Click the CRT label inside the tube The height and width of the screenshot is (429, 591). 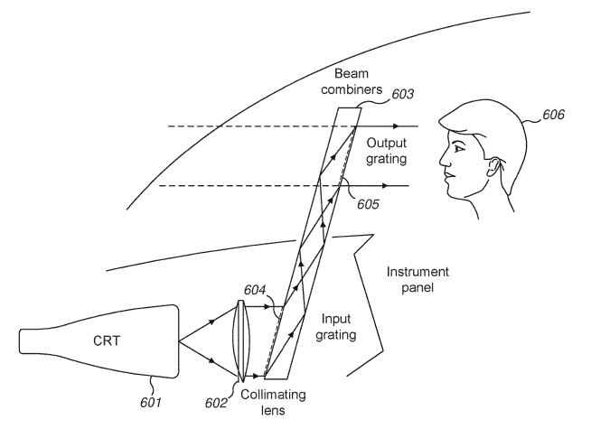[107, 340]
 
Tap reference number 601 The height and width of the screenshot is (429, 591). [151, 403]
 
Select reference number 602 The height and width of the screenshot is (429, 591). [216, 403]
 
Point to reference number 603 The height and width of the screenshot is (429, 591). [403, 94]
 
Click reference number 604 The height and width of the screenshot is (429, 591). [255, 290]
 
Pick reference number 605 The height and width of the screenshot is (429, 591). [368, 204]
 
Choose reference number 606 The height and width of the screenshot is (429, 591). [553, 115]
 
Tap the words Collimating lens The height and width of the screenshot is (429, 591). [273, 402]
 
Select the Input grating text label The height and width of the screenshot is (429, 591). [336, 327]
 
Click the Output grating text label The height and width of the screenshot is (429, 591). [387, 151]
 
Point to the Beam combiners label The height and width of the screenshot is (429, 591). [352, 81]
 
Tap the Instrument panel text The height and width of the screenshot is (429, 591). [417, 279]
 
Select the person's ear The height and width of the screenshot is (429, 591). [494, 167]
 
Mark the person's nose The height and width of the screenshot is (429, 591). [443, 159]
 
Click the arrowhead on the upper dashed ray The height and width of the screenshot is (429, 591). [396, 126]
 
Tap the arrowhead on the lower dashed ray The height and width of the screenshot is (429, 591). [385, 186]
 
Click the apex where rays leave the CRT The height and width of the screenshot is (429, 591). [179, 341]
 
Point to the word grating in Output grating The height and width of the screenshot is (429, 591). [387, 159]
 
